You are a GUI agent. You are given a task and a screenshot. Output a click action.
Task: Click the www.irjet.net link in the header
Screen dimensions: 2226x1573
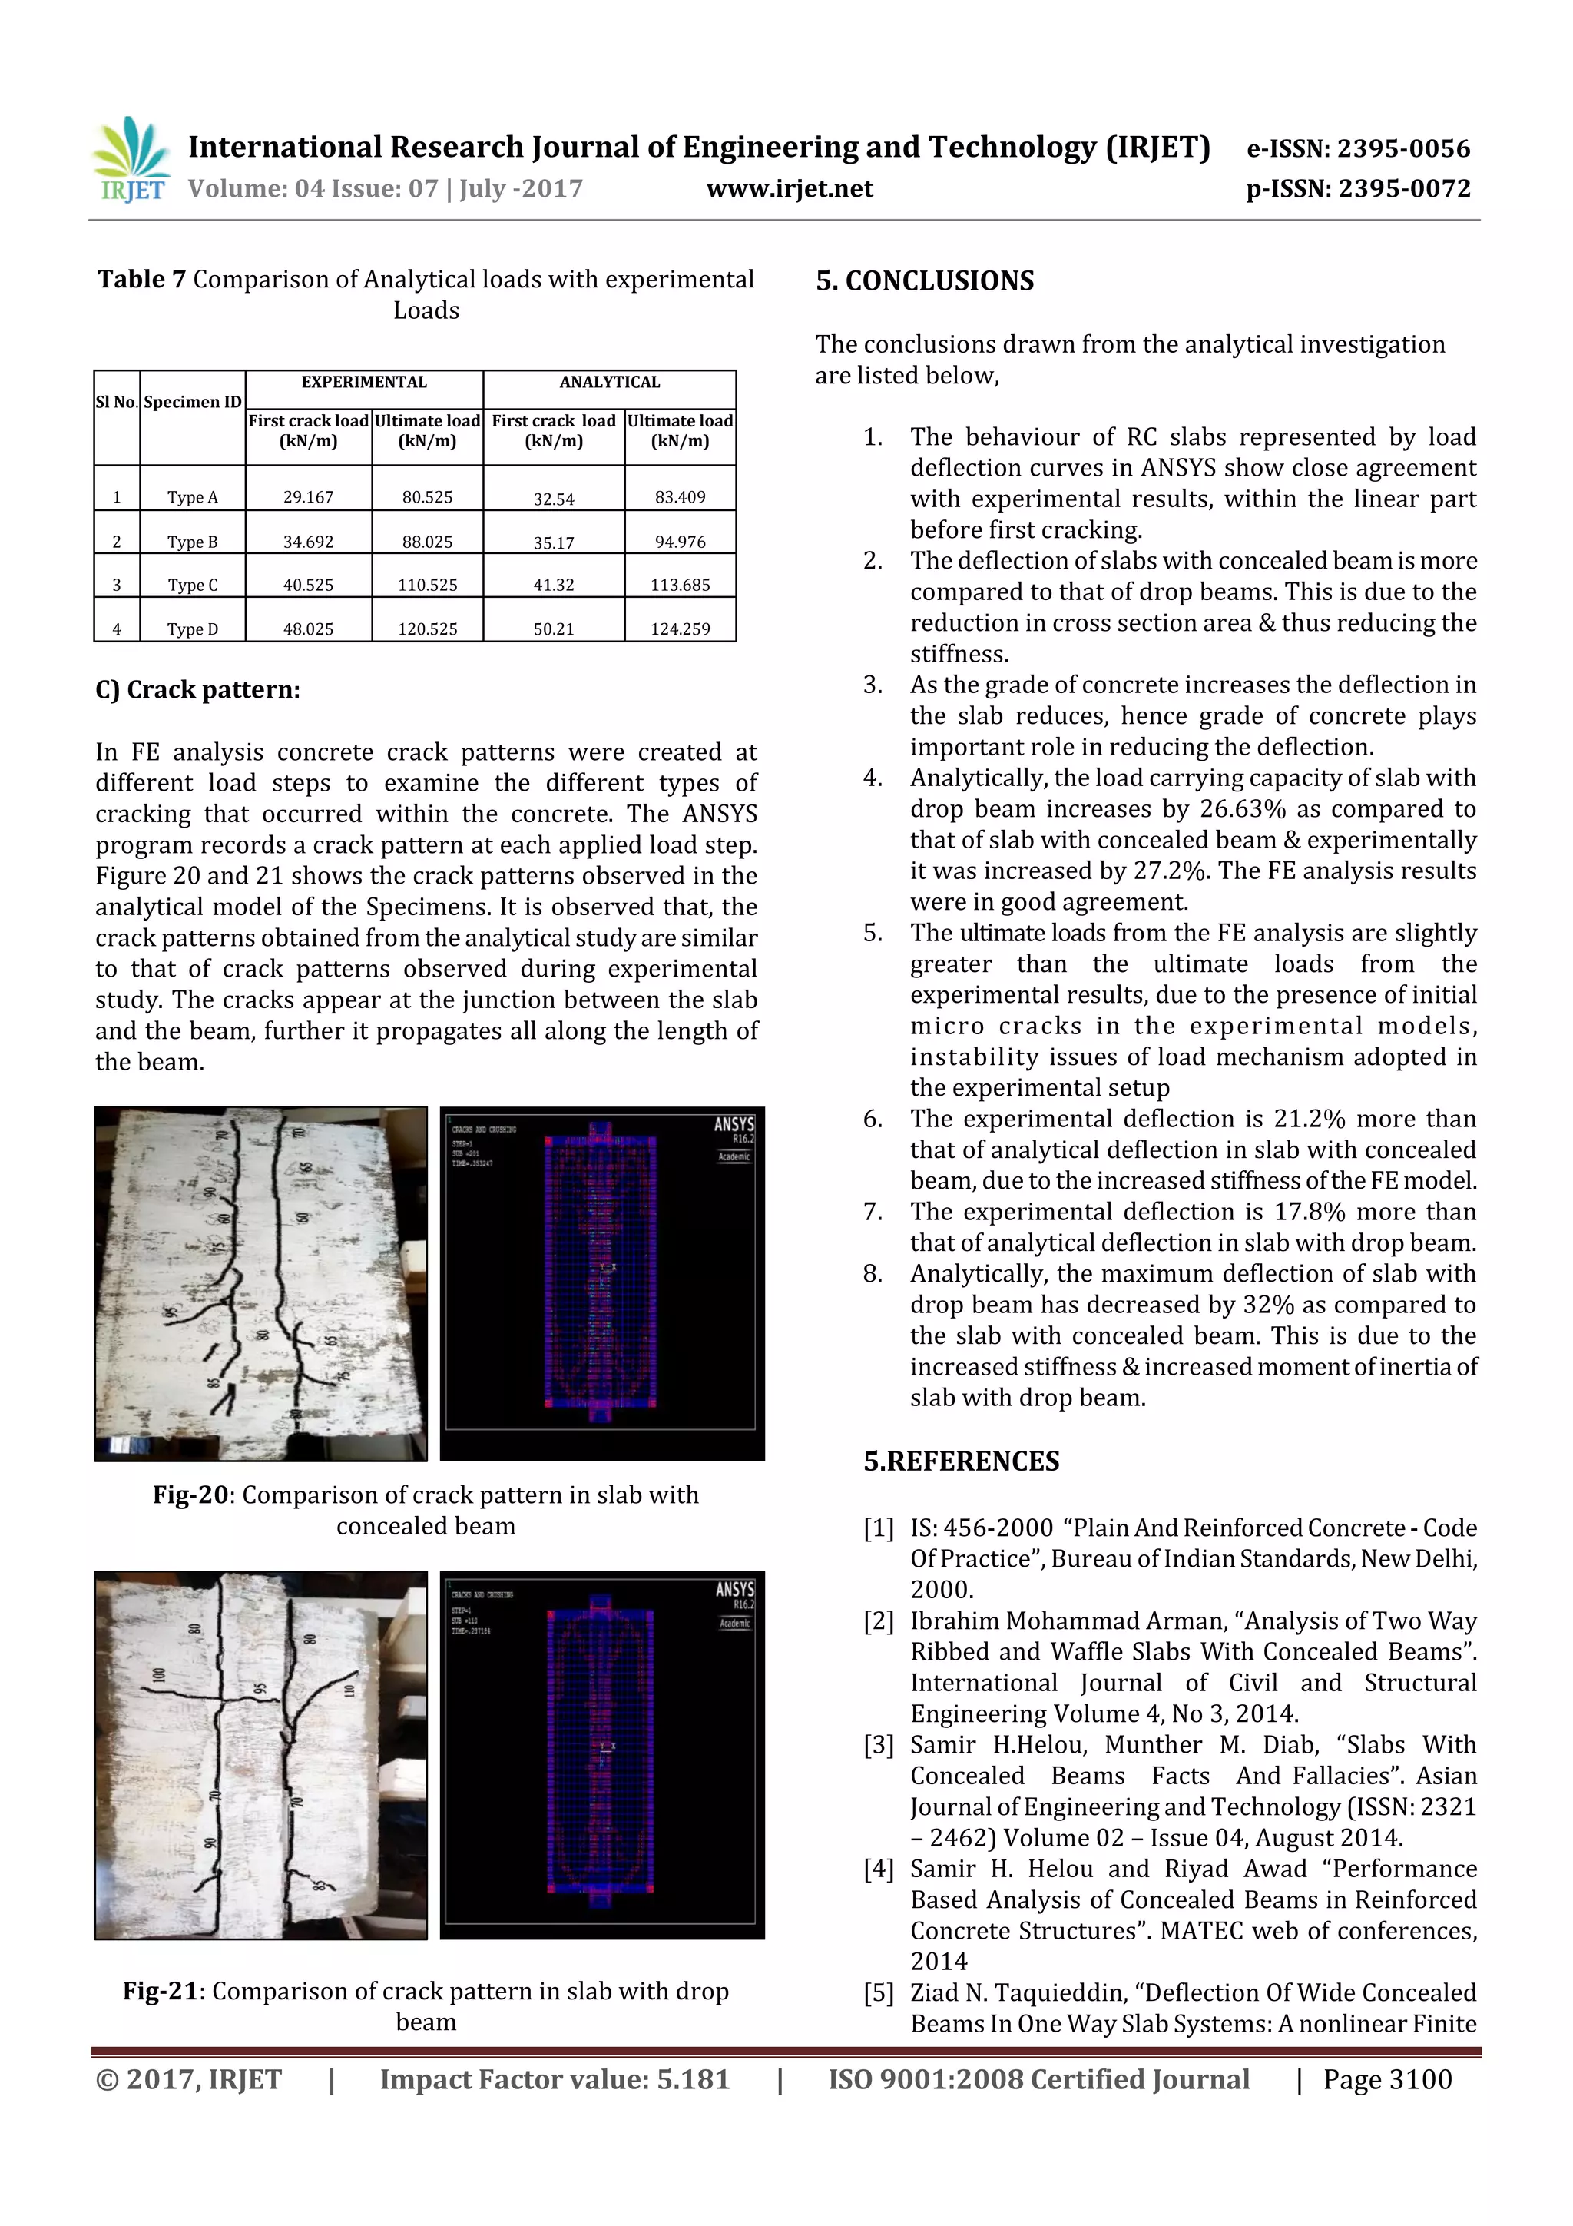pos(789,189)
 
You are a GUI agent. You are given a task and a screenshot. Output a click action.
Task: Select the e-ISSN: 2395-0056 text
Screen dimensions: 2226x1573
pos(1358,148)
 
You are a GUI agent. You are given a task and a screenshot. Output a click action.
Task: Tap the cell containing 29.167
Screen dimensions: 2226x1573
pos(308,497)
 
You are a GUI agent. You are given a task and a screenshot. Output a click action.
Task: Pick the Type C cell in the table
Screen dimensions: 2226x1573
pos(192,586)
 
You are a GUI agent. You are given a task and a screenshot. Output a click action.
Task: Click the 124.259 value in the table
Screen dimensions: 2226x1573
pos(680,629)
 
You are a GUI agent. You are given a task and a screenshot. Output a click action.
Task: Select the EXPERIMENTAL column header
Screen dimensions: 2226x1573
pos(363,382)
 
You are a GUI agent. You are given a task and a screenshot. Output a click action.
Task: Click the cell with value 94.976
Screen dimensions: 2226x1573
pos(680,542)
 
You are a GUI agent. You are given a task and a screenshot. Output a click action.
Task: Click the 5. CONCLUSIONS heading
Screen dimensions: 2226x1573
pos(925,281)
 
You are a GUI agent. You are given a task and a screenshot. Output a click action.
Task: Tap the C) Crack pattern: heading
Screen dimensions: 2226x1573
pos(197,689)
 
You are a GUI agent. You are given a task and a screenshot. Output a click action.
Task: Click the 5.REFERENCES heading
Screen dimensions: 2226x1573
pos(961,1461)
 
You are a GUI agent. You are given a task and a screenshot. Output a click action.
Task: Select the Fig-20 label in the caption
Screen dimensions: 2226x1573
pos(190,1495)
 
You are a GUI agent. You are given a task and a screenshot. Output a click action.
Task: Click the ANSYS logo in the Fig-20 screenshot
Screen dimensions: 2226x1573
pos(734,1125)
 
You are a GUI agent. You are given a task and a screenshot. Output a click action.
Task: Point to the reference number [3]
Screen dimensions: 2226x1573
pos(878,1745)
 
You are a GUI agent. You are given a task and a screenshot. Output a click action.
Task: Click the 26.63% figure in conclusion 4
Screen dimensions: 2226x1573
pos(1241,810)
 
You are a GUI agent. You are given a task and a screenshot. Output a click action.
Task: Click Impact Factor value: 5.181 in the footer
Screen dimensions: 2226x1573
pos(555,2079)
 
